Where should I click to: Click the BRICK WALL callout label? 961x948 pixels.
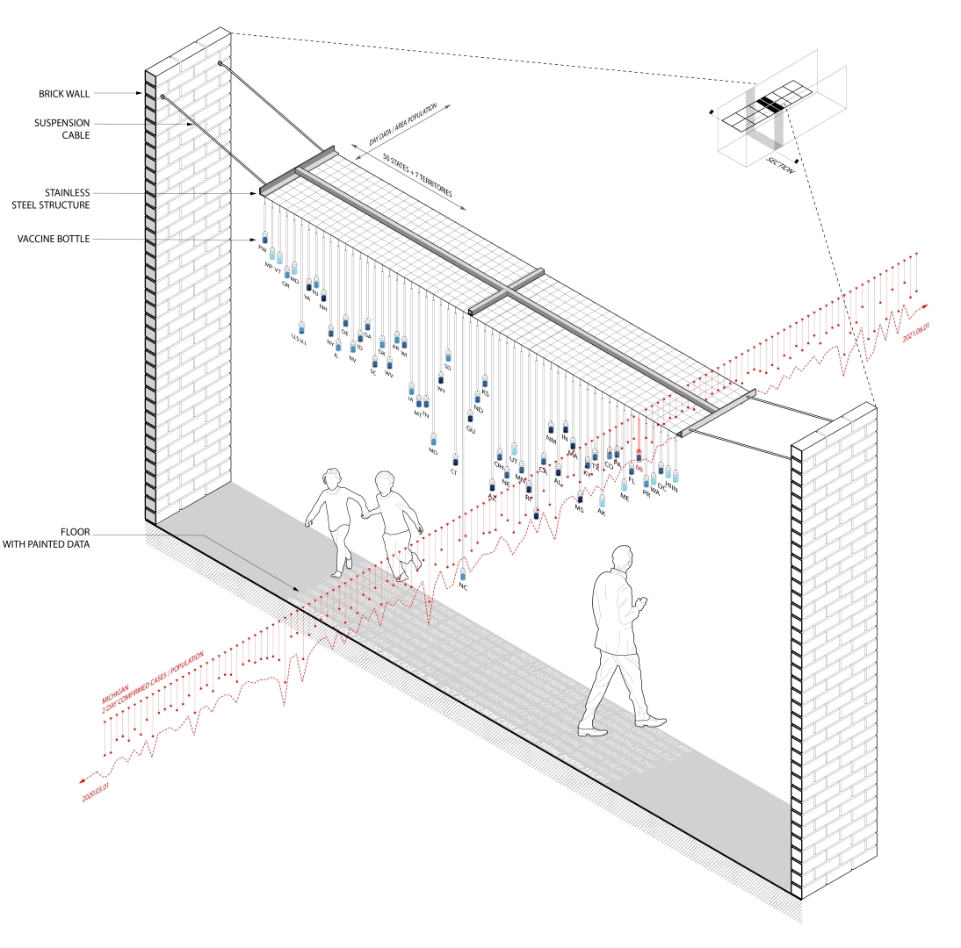[x=64, y=93]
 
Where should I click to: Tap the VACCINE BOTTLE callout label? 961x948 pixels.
[x=54, y=239]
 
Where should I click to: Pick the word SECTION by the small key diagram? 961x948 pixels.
[x=779, y=166]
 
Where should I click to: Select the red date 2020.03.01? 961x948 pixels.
[x=99, y=789]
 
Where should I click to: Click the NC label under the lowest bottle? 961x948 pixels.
[x=463, y=586]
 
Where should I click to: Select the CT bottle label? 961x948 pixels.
[x=454, y=472]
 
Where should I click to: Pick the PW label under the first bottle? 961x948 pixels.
[x=262, y=249]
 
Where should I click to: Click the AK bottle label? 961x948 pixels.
[x=602, y=511]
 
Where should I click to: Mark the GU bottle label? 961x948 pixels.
[x=470, y=429]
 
